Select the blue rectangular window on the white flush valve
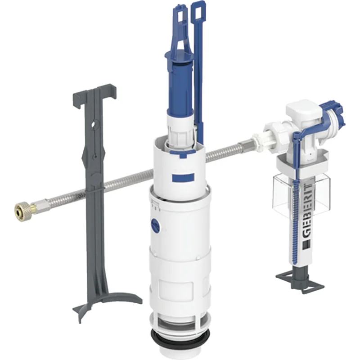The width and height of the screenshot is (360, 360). click(x=183, y=177)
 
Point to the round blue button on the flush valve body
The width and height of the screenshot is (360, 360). click(x=156, y=225)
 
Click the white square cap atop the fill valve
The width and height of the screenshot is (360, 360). click(x=303, y=110)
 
